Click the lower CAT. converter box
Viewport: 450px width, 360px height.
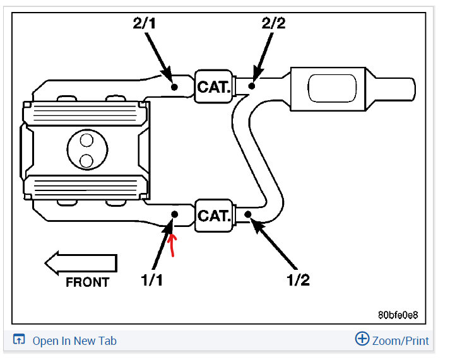pos(213,216)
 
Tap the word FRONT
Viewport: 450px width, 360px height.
pos(87,282)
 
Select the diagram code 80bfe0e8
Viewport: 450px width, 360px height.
pos(398,314)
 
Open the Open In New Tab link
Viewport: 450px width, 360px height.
pos(74,341)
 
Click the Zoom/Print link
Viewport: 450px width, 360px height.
pos(400,341)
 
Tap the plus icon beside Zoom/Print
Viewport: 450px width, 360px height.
pos(362,340)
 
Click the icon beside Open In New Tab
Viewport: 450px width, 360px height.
pos(19,340)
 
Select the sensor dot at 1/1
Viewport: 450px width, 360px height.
pos(175,214)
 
